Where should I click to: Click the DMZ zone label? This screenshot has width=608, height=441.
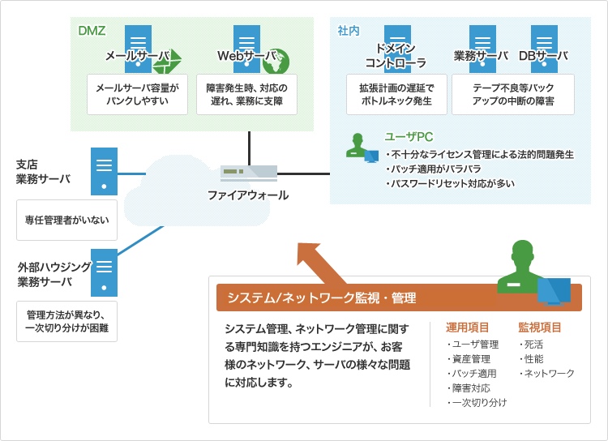[x=92, y=31]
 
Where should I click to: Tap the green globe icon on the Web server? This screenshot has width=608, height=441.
[x=276, y=62]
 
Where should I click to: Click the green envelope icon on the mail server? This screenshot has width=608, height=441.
[x=167, y=62]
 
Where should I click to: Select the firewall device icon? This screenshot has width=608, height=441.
[x=249, y=173]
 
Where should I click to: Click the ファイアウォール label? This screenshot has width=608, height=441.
[x=248, y=195]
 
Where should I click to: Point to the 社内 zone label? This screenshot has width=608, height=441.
[x=349, y=31]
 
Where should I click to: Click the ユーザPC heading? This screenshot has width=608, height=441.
[x=409, y=137]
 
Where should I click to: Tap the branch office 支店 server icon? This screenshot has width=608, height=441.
[x=104, y=171]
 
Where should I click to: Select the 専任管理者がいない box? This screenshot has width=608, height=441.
[x=66, y=220]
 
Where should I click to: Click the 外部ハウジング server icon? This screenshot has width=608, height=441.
[x=104, y=272]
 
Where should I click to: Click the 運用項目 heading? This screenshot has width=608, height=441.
[x=467, y=328]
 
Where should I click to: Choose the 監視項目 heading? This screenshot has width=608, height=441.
[x=540, y=328]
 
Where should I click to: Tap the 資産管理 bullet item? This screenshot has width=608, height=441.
[x=469, y=359]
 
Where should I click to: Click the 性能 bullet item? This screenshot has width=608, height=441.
[x=531, y=359]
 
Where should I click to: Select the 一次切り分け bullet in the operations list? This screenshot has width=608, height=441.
[x=477, y=403]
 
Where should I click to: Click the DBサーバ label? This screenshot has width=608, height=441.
[x=543, y=56]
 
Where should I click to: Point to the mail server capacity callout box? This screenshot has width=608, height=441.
[x=137, y=95]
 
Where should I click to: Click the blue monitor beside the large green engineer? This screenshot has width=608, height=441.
[x=554, y=291]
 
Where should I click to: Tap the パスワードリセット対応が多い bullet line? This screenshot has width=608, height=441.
[x=450, y=183]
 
